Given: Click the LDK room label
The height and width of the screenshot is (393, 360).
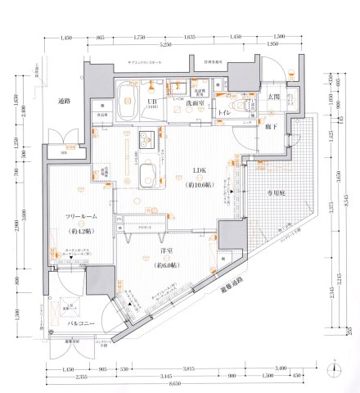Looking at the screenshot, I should pyautogui.click(x=199, y=170).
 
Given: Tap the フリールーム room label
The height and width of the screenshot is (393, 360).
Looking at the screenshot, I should pyautogui.click(x=83, y=217).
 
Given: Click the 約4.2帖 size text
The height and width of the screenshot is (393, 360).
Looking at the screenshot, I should pyautogui.click(x=83, y=230).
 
